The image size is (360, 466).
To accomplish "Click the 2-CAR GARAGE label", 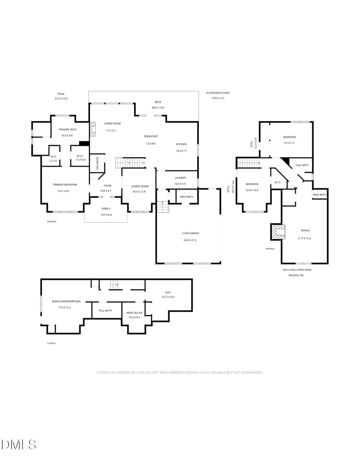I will click(x=190, y=233).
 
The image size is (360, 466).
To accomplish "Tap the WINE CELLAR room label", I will click(x=134, y=312).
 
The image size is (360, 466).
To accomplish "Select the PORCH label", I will click(x=106, y=208).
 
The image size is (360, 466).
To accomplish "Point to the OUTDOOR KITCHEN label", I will click(x=218, y=93).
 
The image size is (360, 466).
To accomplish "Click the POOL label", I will click(x=61, y=93).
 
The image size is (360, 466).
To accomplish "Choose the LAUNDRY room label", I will click(x=180, y=178).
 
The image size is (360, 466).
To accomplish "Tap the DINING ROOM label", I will click(x=139, y=186).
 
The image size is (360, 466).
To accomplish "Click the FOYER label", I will click(x=107, y=185).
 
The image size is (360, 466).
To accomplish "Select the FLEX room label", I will click(x=167, y=292).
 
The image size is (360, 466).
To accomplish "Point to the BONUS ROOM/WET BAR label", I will click(x=66, y=301).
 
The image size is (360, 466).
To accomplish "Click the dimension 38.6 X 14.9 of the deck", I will click(x=158, y=108).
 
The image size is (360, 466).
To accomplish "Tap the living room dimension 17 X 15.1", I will click(x=111, y=131).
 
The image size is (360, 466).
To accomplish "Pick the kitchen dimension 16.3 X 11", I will click(x=181, y=151).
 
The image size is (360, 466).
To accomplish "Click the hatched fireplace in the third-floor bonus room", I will click(x=278, y=232).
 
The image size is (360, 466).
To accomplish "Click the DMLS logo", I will click(x=18, y=445).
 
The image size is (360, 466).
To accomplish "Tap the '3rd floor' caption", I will click(x=270, y=248).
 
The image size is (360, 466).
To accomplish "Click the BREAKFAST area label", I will click(x=151, y=136).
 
